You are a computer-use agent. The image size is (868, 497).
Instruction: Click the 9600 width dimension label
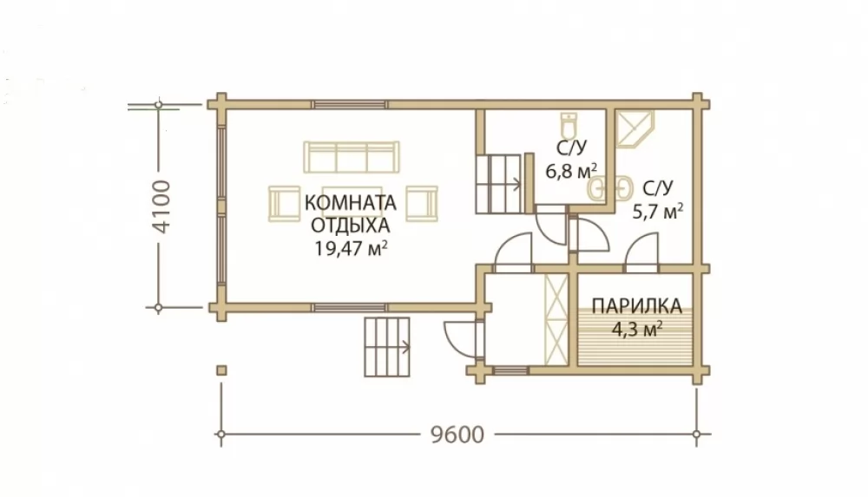(457, 435)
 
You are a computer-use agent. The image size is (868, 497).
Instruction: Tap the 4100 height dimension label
(163, 206)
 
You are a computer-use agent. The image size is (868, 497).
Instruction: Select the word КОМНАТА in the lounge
(351, 203)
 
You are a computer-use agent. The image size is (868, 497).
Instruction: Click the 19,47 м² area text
(351, 248)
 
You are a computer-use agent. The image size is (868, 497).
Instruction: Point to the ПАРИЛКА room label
(636, 305)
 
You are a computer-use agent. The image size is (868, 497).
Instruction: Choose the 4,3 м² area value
(637, 330)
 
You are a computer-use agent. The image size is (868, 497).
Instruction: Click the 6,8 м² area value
(571, 171)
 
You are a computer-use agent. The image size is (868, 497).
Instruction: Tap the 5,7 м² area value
(658, 210)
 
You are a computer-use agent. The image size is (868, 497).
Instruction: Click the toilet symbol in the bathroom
(569, 126)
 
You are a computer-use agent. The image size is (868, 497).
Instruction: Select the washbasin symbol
(608, 187)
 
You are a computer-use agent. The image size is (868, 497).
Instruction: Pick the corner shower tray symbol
(635, 129)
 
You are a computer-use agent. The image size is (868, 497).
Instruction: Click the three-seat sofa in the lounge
(351, 157)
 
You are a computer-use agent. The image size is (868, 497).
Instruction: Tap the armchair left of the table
(284, 203)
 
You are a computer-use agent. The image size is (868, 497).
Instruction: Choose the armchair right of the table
(422, 203)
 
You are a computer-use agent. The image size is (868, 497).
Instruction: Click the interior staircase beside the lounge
(499, 184)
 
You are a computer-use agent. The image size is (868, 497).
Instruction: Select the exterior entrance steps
(387, 347)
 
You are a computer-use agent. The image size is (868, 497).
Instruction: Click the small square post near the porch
(221, 370)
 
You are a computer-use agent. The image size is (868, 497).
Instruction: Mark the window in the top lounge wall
(349, 104)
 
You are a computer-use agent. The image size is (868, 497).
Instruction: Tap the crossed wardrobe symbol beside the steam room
(556, 319)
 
